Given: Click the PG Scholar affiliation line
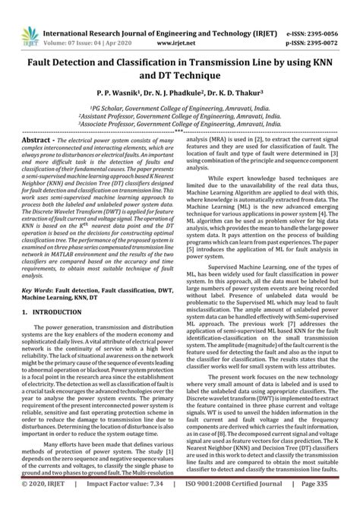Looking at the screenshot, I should tap(179, 109).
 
